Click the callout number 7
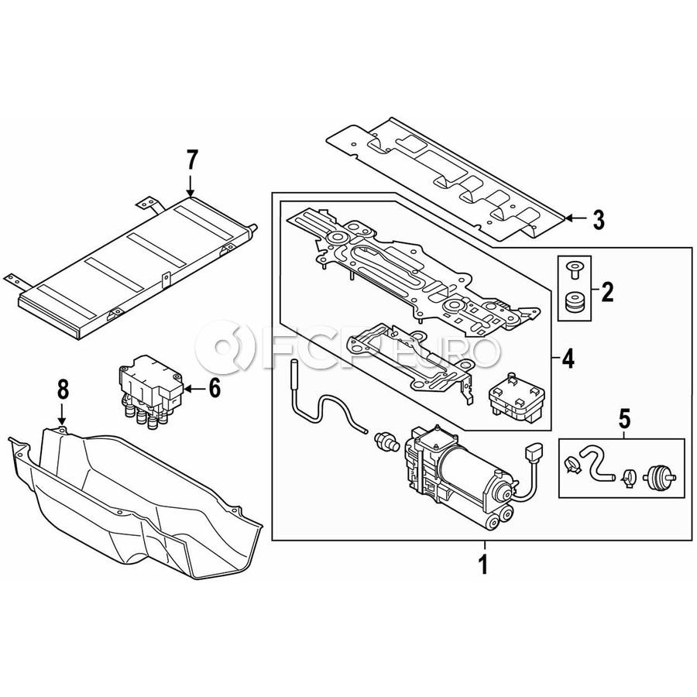click(x=191, y=161)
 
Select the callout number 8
click(x=64, y=390)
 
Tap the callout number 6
click(x=215, y=389)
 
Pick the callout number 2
click(x=607, y=293)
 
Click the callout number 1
click(x=482, y=564)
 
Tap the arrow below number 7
click(x=191, y=186)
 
